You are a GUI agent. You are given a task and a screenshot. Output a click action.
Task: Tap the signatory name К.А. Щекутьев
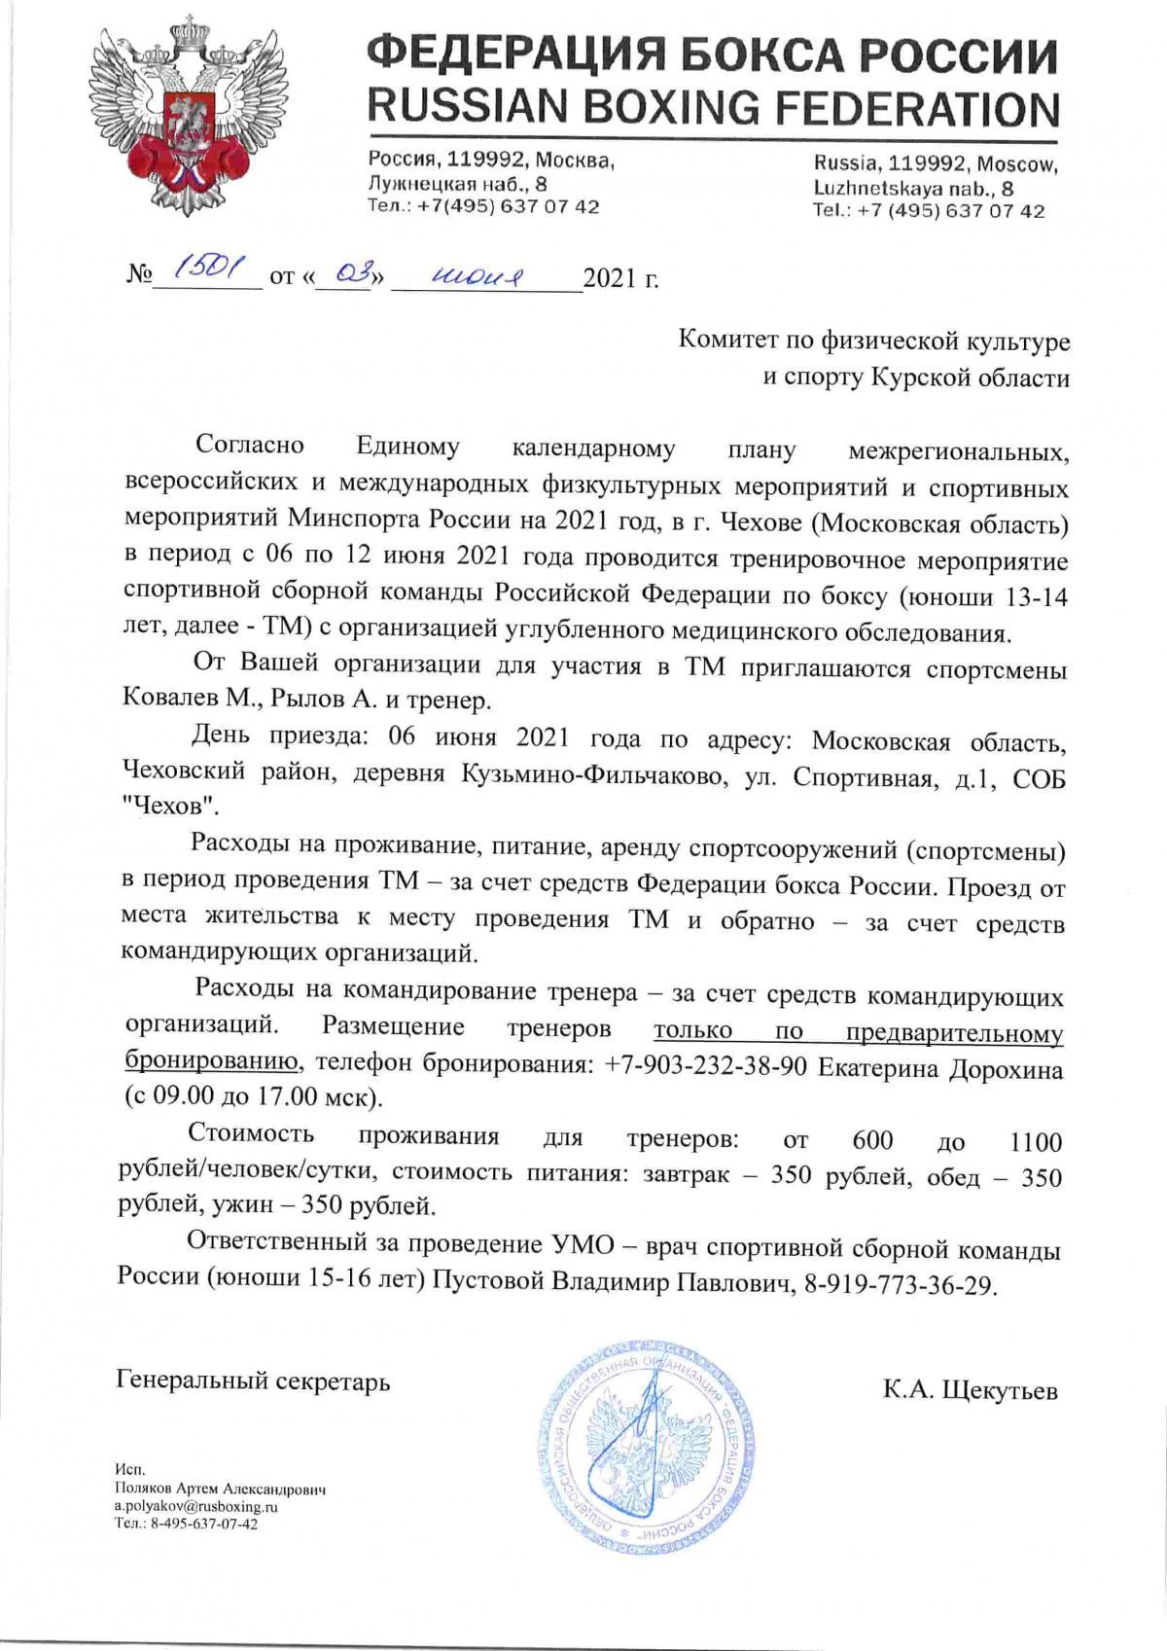tap(970, 1389)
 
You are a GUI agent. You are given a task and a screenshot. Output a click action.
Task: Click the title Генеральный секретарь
tap(253, 1381)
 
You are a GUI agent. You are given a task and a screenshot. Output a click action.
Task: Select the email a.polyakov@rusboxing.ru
tap(196, 1505)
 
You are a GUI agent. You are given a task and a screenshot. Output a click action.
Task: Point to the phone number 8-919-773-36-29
tap(901, 1285)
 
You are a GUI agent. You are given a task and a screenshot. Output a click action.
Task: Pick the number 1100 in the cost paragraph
tap(1036, 1141)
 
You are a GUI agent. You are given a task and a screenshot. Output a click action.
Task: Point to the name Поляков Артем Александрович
tap(219, 1489)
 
